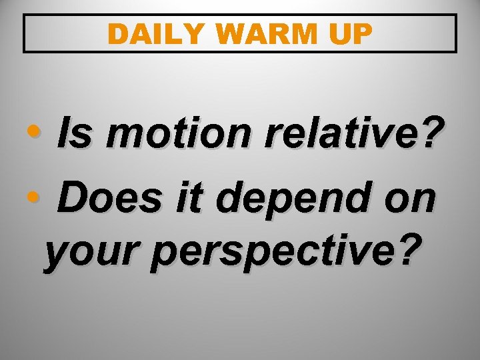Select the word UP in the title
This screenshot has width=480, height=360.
tap(349, 35)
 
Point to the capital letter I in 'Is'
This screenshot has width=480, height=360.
tap(64, 137)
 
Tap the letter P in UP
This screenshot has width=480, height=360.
tap(361, 35)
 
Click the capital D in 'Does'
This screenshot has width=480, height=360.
tap(73, 199)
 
